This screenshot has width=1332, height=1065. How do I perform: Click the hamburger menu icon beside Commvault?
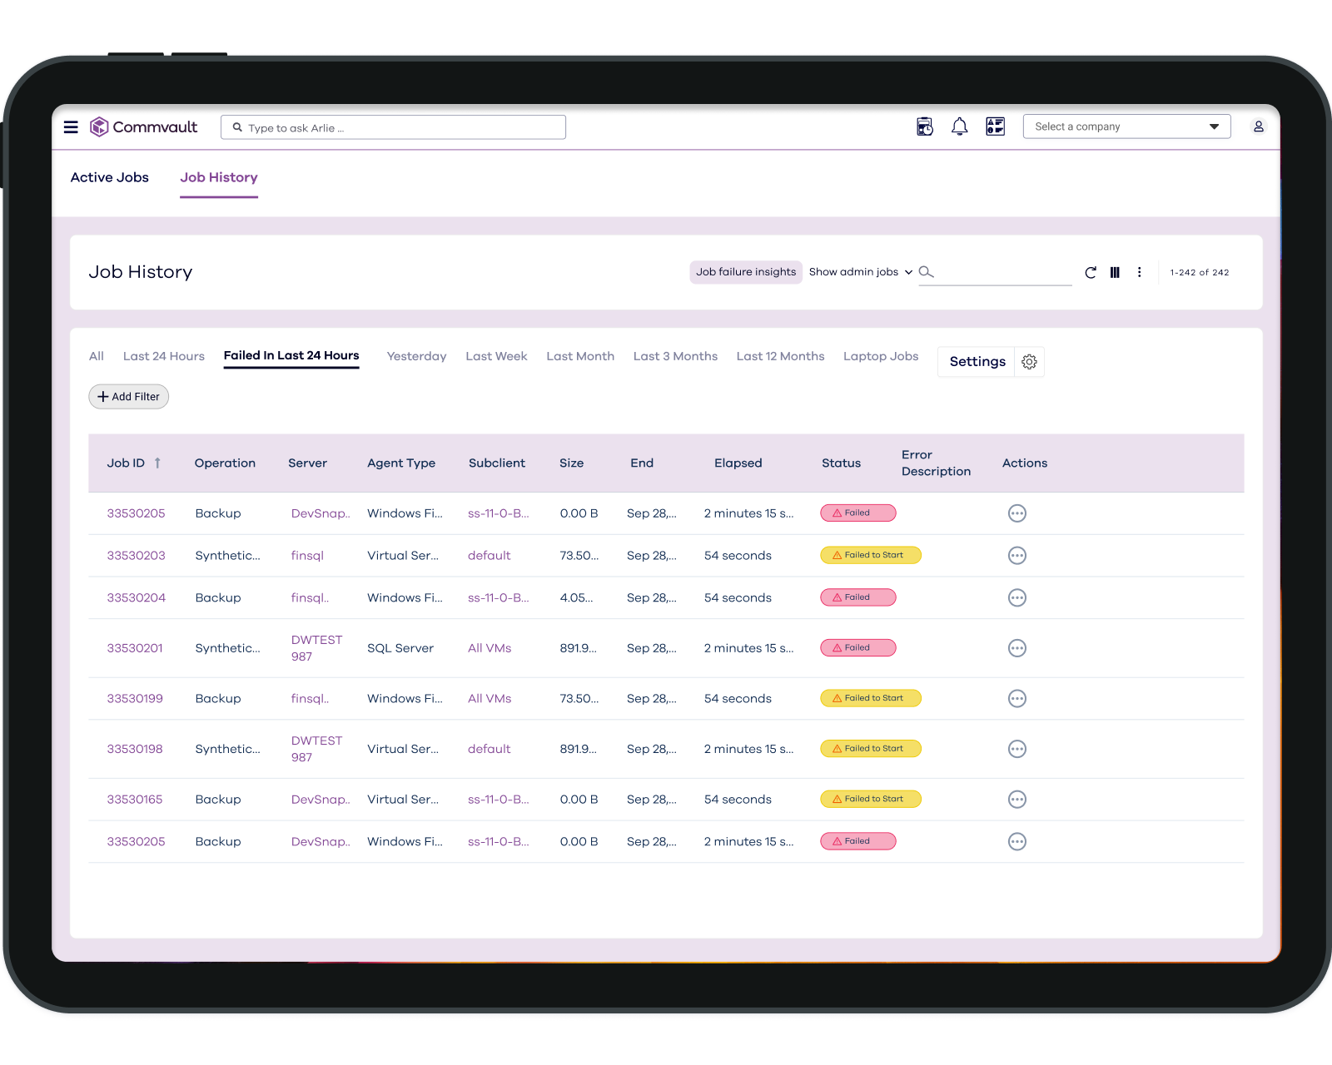pos(71,127)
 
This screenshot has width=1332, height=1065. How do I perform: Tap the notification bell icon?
pos(959,126)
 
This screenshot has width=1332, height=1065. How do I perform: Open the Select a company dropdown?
pos(1126,126)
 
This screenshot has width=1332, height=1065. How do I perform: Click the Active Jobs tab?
pos(110,177)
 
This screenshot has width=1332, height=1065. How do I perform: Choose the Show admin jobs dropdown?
pos(861,272)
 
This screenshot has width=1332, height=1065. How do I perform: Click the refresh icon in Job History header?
pos(1091,272)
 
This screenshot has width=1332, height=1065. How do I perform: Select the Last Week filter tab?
pos(496,356)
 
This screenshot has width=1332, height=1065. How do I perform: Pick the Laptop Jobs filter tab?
pos(881,356)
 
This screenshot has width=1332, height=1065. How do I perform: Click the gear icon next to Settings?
pos(1030,362)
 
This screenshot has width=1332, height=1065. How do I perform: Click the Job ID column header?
pos(126,463)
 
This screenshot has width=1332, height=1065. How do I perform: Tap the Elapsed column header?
pos(738,463)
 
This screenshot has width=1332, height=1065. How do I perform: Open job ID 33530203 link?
pos(137,556)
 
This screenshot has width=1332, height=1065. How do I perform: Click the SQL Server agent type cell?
pos(400,648)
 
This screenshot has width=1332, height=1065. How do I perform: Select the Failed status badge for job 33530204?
pos(857,597)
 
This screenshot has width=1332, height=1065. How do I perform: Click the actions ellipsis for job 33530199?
pos(1016,699)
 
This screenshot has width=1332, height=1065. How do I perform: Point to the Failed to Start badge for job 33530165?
pos(870,800)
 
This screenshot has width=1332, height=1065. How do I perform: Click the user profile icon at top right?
pos(1258,126)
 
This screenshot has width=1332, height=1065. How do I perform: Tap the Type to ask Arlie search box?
pos(393,127)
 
